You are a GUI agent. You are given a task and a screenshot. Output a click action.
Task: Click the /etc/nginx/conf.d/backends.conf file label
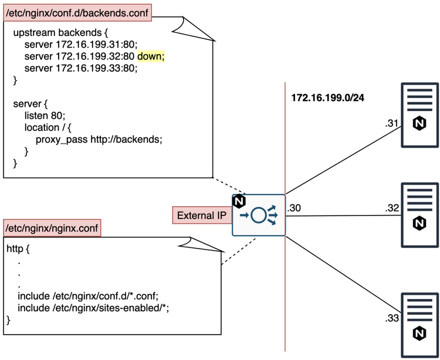click(77, 11)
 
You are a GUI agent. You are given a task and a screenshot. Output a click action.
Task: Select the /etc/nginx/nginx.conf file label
click(52, 227)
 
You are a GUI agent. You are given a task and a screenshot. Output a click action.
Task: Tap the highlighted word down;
click(151, 56)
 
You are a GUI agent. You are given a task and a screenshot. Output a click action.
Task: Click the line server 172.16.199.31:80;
click(80, 45)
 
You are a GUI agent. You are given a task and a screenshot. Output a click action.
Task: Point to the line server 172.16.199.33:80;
click(80, 68)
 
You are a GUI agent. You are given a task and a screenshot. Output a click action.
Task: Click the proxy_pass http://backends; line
click(98, 139)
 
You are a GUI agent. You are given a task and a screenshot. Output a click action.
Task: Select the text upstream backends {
click(59, 33)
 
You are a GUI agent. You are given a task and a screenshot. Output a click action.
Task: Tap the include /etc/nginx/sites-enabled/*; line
click(97, 308)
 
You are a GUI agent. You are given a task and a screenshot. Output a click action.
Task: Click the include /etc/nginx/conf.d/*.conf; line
click(88, 295)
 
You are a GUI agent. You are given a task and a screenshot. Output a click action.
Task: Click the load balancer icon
click(259, 215)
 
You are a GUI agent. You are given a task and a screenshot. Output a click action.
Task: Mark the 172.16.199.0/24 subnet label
click(327, 97)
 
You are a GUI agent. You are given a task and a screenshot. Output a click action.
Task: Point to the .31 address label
click(391, 123)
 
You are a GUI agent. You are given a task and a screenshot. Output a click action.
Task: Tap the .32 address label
click(391, 208)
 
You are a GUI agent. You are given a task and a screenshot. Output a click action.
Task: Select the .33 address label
click(391, 319)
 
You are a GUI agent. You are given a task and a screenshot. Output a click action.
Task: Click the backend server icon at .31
click(419, 115)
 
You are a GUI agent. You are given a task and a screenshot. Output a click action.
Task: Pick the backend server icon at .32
click(419, 214)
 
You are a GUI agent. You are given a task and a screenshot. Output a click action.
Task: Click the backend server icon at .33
click(419, 325)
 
